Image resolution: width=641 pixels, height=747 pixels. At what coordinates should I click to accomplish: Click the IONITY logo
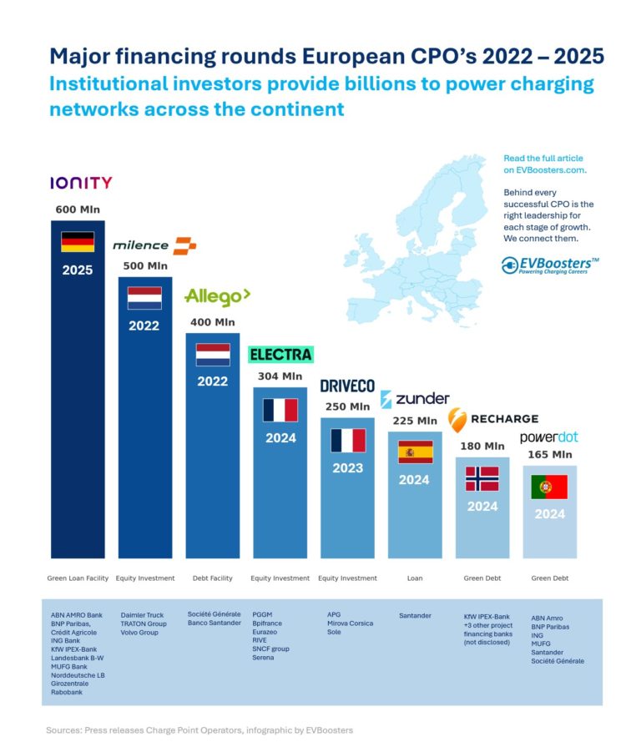click(x=81, y=183)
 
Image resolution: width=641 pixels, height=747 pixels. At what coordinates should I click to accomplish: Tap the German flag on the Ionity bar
click(x=78, y=242)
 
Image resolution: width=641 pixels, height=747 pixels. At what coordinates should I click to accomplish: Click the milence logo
click(x=154, y=245)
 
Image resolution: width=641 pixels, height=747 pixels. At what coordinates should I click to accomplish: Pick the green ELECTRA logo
click(x=281, y=354)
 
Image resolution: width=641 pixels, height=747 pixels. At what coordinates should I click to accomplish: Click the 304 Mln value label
click(x=280, y=376)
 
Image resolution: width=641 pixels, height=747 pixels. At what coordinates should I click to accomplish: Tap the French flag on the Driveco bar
click(x=347, y=440)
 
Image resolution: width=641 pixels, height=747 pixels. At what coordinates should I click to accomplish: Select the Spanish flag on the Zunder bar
click(x=415, y=452)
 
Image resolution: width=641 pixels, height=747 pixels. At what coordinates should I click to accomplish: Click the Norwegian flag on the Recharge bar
click(x=482, y=478)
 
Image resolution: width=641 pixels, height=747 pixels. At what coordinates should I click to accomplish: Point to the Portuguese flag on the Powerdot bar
click(x=549, y=487)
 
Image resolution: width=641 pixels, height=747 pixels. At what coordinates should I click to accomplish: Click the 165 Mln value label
click(x=549, y=455)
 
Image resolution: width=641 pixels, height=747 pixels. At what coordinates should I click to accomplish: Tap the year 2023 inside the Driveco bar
click(x=347, y=468)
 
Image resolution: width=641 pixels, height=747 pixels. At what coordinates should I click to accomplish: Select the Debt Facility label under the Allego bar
click(x=212, y=578)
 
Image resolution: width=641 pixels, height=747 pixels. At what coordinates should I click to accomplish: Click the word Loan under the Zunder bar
click(x=415, y=578)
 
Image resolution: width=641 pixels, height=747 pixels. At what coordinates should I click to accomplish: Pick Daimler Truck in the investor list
click(x=143, y=616)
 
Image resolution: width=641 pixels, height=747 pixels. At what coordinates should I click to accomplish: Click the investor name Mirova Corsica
click(x=350, y=624)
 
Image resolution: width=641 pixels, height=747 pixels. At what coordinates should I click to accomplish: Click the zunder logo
click(x=415, y=398)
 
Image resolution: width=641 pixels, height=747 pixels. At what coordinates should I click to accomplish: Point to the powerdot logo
click(x=548, y=437)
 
